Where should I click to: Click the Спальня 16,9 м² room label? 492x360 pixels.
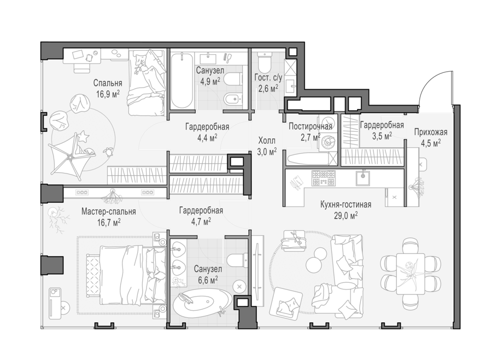coord(108,89)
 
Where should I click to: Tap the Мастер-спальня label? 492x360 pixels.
coord(109,211)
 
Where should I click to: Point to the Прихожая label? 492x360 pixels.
coord(431,132)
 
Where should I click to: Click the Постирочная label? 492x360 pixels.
coord(311,126)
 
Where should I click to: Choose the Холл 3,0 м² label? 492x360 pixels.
coord(267,146)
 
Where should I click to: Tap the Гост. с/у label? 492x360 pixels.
coord(268,77)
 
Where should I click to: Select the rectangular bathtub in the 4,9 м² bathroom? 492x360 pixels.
coord(182,82)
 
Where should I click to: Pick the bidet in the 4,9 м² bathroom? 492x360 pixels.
coord(232,100)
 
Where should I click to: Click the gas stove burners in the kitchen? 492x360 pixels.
coord(323,178)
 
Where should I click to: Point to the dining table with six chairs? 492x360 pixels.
coord(411,274)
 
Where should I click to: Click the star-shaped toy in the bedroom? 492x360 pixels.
coord(84,137)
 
